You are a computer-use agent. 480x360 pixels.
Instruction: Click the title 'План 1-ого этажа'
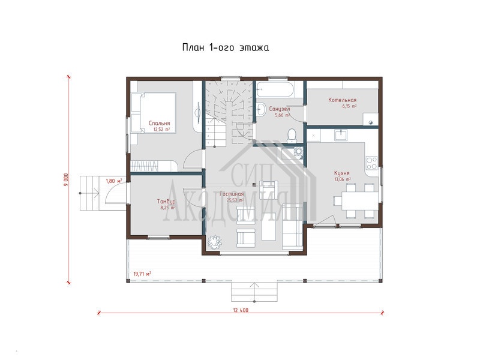tap(226, 48)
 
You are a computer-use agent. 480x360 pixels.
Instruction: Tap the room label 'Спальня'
tap(159, 123)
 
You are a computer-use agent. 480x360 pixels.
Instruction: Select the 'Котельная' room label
tap(342, 100)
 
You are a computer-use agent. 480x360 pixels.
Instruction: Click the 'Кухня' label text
tap(342, 173)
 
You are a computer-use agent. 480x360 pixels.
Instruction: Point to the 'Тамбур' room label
tap(166, 202)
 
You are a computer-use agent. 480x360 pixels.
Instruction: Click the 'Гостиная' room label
tap(232, 194)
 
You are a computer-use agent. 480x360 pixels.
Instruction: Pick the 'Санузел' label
tap(280, 109)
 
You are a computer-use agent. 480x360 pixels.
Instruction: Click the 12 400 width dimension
tap(241, 310)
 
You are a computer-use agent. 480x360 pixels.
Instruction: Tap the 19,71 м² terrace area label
tap(142, 274)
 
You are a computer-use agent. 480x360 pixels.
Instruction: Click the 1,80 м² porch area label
tap(113, 181)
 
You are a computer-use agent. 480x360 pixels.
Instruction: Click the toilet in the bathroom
tap(292, 136)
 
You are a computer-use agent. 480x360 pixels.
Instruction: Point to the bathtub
tap(275, 89)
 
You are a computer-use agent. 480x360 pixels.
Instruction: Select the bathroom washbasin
tap(262, 109)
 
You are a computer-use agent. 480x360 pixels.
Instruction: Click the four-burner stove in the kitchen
tap(371, 163)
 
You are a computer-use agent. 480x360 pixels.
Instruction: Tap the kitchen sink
tap(340, 134)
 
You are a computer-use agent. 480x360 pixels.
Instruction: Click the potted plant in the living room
tap(215, 242)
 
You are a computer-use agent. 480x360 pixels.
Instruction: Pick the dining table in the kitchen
tap(359, 200)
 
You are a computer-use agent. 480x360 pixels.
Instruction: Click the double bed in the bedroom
tap(154, 113)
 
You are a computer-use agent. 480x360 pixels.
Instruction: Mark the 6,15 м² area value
tap(349, 107)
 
